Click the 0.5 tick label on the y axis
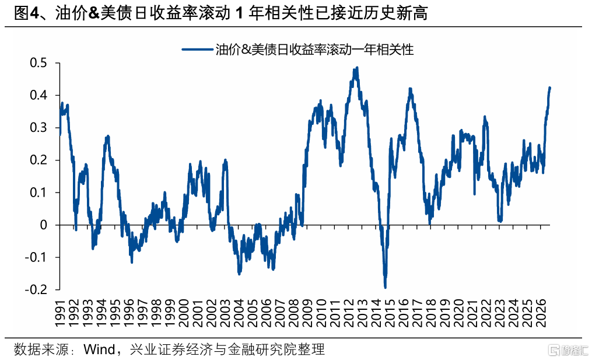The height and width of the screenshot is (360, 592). (x=38, y=62)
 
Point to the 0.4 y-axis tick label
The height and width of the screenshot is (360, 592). (x=38, y=95)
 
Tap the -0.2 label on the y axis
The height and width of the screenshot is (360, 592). (x=36, y=290)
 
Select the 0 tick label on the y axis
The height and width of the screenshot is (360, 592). (x=43, y=225)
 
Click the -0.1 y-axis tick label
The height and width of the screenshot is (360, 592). (x=36, y=257)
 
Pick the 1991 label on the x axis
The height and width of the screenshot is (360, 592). (x=61, y=313)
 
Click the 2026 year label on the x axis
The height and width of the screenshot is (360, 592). (x=541, y=313)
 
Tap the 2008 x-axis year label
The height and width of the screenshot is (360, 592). (x=294, y=313)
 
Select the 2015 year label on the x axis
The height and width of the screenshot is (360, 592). (x=390, y=313)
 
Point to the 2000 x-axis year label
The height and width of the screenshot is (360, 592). (x=184, y=313)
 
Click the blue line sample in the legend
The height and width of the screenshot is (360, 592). (x=197, y=50)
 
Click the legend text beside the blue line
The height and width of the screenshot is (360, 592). (x=314, y=50)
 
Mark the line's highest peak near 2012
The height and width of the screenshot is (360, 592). (x=357, y=68)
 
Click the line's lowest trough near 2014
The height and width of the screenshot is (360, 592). (x=385, y=288)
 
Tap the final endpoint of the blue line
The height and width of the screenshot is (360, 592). (x=549, y=88)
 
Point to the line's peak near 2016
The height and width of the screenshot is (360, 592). (x=411, y=89)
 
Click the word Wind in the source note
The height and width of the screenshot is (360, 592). (x=99, y=349)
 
